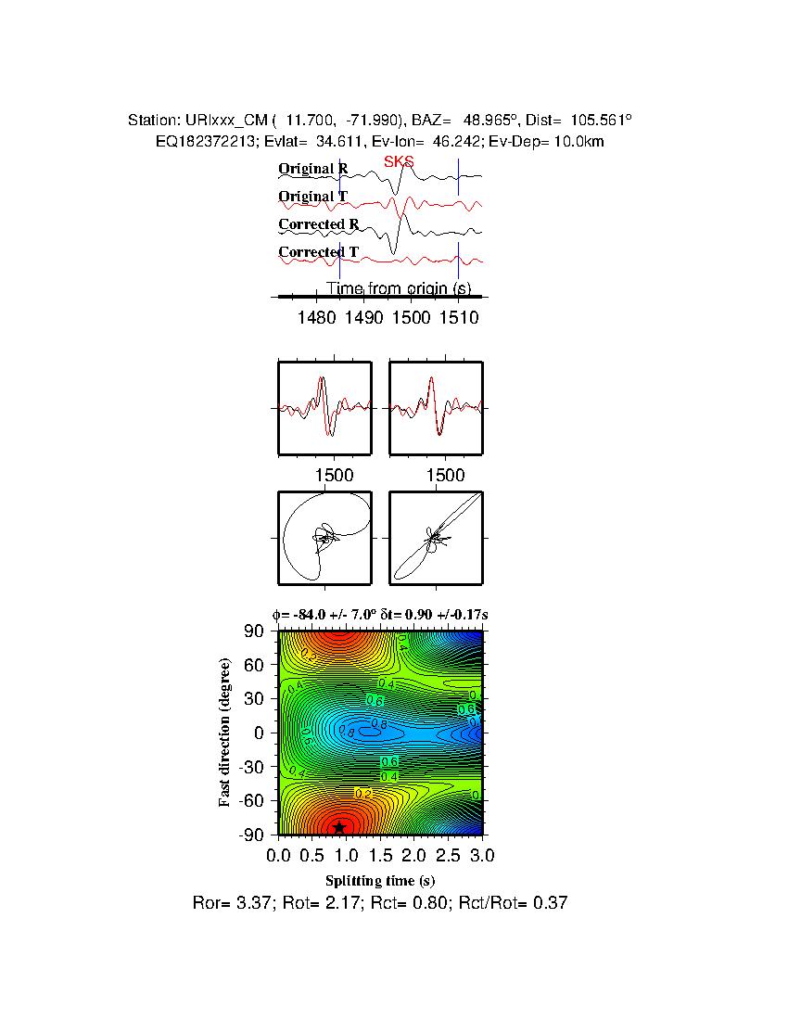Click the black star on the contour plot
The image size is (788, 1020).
click(x=339, y=826)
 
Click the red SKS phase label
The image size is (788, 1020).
click(x=399, y=162)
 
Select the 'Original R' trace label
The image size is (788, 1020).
click(x=313, y=169)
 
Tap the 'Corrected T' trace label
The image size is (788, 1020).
click(x=318, y=252)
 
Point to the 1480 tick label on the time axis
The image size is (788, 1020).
click(x=317, y=318)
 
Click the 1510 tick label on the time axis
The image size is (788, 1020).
click(x=458, y=318)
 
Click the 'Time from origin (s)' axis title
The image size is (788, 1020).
click(x=399, y=288)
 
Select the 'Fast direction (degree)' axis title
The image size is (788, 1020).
click(x=225, y=733)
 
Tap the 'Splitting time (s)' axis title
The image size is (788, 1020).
click(x=380, y=880)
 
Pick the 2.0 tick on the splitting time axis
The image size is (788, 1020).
click(x=414, y=854)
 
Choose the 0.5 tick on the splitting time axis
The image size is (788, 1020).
click(x=312, y=854)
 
